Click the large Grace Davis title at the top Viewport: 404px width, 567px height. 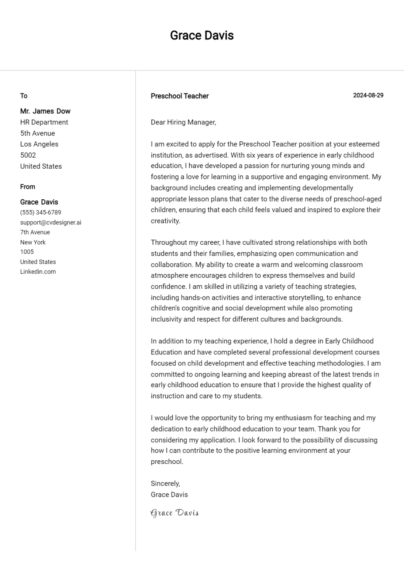(x=202, y=35)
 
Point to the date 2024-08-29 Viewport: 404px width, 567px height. (x=368, y=95)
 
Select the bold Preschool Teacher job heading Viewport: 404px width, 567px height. (x=179, y=96)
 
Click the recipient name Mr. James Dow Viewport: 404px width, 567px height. (x=45, y=111)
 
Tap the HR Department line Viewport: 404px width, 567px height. (x=44, y=122)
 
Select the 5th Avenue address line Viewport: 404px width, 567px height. (x=37, y=133)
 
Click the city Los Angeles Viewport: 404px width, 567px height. (x=39, y=144)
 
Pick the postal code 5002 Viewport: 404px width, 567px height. (x=28, y=155)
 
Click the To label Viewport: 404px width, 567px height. (x=24, y=96)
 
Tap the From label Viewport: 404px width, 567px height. (x=28, y=187)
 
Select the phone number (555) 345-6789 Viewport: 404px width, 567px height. (x=41, y=213)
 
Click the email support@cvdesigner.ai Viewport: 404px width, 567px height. (x=51, y=223)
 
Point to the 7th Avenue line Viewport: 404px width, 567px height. (x=35, y=232)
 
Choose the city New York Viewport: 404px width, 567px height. (x=33, y=242)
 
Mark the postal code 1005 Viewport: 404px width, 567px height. (x=27, y=252)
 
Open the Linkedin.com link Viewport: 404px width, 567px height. (x=38, y=272)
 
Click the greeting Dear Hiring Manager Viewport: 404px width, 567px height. (x=183, y=122)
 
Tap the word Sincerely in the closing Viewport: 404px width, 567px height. (x=165, y=484)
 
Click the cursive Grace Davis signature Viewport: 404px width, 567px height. (x=175, y=513)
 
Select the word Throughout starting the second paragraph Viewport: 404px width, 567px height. (x=169, y=243)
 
